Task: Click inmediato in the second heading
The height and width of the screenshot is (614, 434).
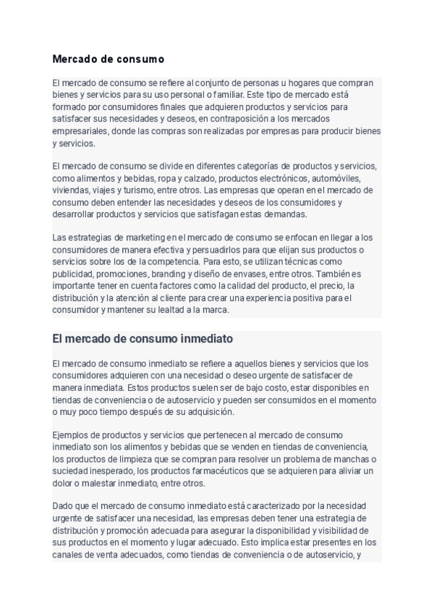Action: point(203,339)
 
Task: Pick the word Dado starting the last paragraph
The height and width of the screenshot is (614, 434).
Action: point(63,506)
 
